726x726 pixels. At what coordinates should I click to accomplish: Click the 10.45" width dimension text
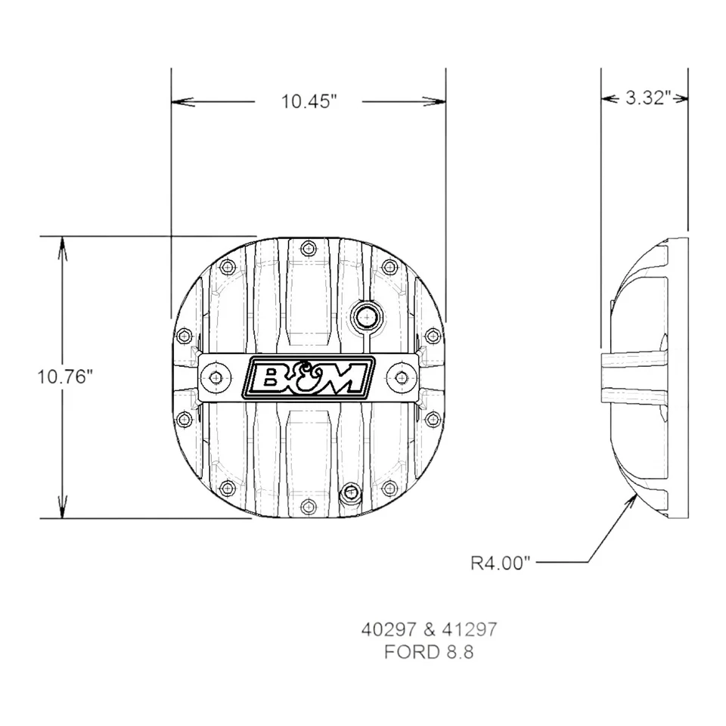pos(309,101)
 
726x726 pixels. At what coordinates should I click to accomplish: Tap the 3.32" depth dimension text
pos(647,98)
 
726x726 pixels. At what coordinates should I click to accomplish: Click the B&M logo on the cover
pos(309,377)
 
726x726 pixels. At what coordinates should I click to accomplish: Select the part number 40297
pos(386,629)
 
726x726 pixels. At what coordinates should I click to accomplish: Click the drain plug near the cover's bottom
pos(350,494)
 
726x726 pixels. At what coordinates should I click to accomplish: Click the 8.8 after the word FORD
pos(458,652)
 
